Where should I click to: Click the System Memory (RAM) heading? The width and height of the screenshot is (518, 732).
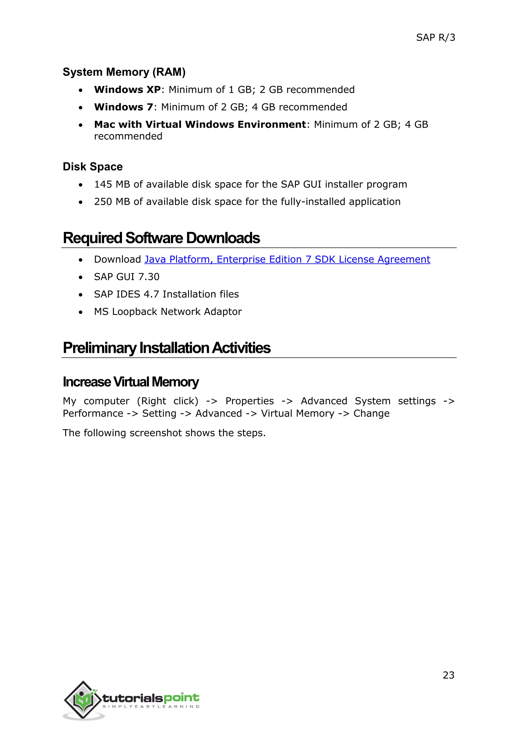124,72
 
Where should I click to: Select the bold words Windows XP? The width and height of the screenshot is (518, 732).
127,89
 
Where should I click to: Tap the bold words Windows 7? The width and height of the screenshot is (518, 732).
123,107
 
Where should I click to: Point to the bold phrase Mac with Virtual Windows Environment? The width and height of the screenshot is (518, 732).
200,124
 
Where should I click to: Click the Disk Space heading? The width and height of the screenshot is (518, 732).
93,167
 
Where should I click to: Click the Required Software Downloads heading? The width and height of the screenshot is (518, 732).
161,238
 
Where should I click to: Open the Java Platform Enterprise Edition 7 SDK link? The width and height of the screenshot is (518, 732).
287,260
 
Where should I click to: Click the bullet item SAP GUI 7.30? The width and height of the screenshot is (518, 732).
127,277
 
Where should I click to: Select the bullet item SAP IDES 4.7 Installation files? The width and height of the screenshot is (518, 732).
166,294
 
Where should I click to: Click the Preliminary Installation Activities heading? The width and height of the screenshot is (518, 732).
166,348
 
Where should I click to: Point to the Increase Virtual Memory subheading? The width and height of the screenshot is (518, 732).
131,382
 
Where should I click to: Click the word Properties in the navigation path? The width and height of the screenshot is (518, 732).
249,401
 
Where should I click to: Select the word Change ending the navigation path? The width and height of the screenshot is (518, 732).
371,414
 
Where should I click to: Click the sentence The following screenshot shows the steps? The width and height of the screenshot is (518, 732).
164,433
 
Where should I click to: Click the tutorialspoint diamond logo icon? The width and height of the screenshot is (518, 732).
83,700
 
